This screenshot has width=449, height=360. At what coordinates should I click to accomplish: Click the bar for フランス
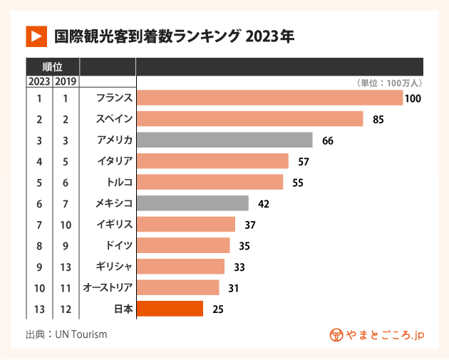(x=269, y=98)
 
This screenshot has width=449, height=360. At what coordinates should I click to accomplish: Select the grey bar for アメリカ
(x=224, y=140)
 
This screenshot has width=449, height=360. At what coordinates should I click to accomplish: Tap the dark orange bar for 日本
(x=170, y=309)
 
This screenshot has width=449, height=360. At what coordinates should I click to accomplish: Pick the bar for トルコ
(x=210, y=182)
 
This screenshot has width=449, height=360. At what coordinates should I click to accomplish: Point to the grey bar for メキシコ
(x=192, y=203)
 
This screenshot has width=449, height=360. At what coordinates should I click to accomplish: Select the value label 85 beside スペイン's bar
(x=378, y=119)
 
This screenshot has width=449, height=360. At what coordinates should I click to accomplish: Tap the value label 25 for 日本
(x=219, y=309)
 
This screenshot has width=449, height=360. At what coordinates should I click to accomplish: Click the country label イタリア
(x=115, y=161)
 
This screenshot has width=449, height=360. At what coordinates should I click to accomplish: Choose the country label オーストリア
(x=108, y=287)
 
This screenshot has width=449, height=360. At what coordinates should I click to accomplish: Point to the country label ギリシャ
(x=115, y=267)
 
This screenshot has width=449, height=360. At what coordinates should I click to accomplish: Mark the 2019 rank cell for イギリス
(x=66, y=225)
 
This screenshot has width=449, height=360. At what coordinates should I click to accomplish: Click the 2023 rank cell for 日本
(x=39, y=309)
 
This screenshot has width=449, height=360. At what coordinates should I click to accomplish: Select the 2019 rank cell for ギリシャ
(x=66, y=267)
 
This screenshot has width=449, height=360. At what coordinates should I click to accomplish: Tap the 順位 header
(x=52, y=67)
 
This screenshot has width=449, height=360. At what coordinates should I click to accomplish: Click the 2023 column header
(x=39, y=81)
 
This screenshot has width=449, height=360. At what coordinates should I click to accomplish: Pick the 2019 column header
(x=66, y=81)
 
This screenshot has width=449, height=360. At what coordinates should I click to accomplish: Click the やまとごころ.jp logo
(x=377, y=334)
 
